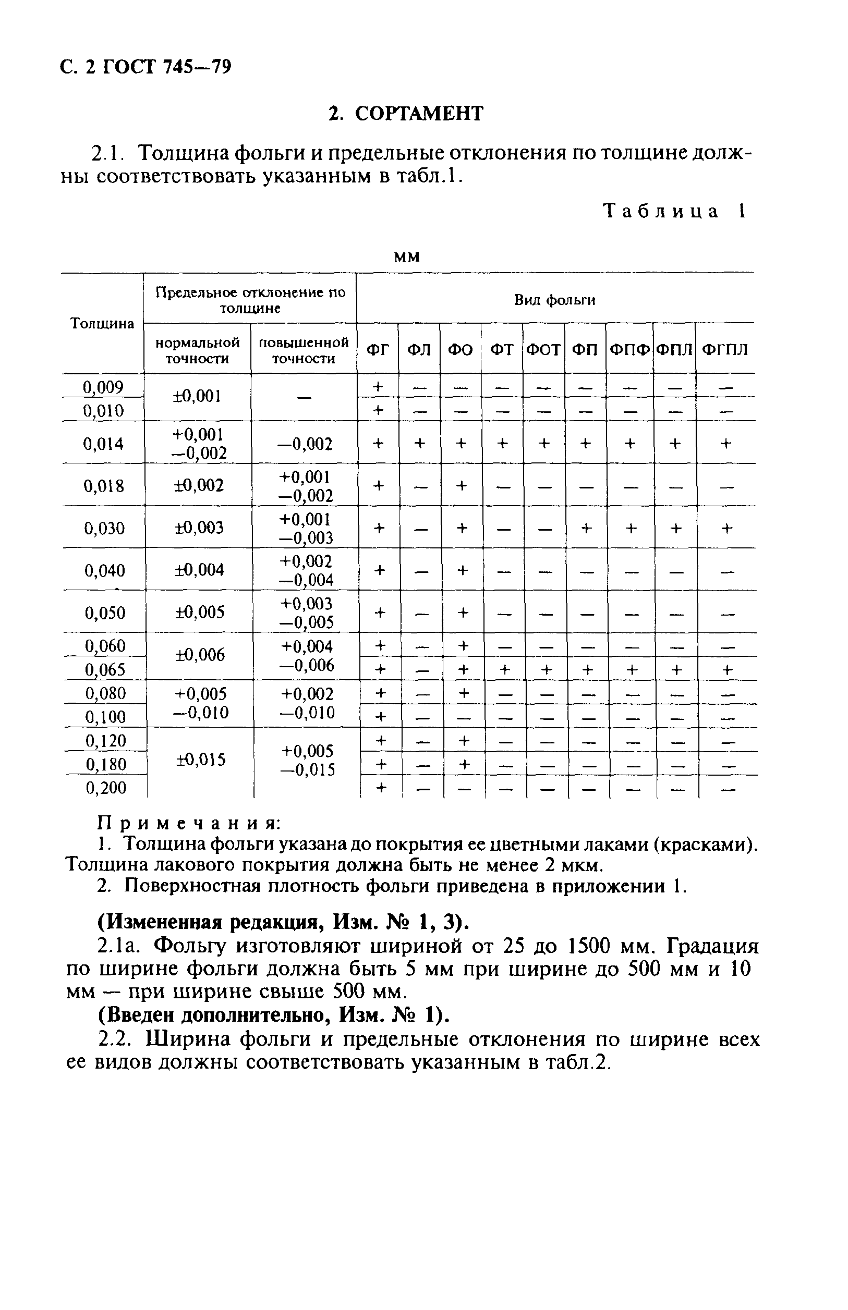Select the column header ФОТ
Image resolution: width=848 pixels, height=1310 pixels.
(543, 349)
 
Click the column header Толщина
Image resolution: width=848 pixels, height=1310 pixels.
(102, 324)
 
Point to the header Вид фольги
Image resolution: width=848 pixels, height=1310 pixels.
(554, 300)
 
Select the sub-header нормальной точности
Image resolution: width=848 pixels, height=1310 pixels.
(197, 351)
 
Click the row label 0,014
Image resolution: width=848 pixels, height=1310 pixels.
(103, 444)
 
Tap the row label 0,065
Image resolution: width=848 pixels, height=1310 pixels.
(105, 670)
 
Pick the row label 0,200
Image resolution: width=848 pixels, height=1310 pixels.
(106, 788)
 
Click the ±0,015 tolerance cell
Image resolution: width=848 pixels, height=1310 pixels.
(200, 760)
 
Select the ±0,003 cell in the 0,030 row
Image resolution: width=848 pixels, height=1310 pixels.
(199, 528)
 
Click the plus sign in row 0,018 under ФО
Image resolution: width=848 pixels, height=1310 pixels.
(462, 485)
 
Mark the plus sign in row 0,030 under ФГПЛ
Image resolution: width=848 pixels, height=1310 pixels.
(727, 529)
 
